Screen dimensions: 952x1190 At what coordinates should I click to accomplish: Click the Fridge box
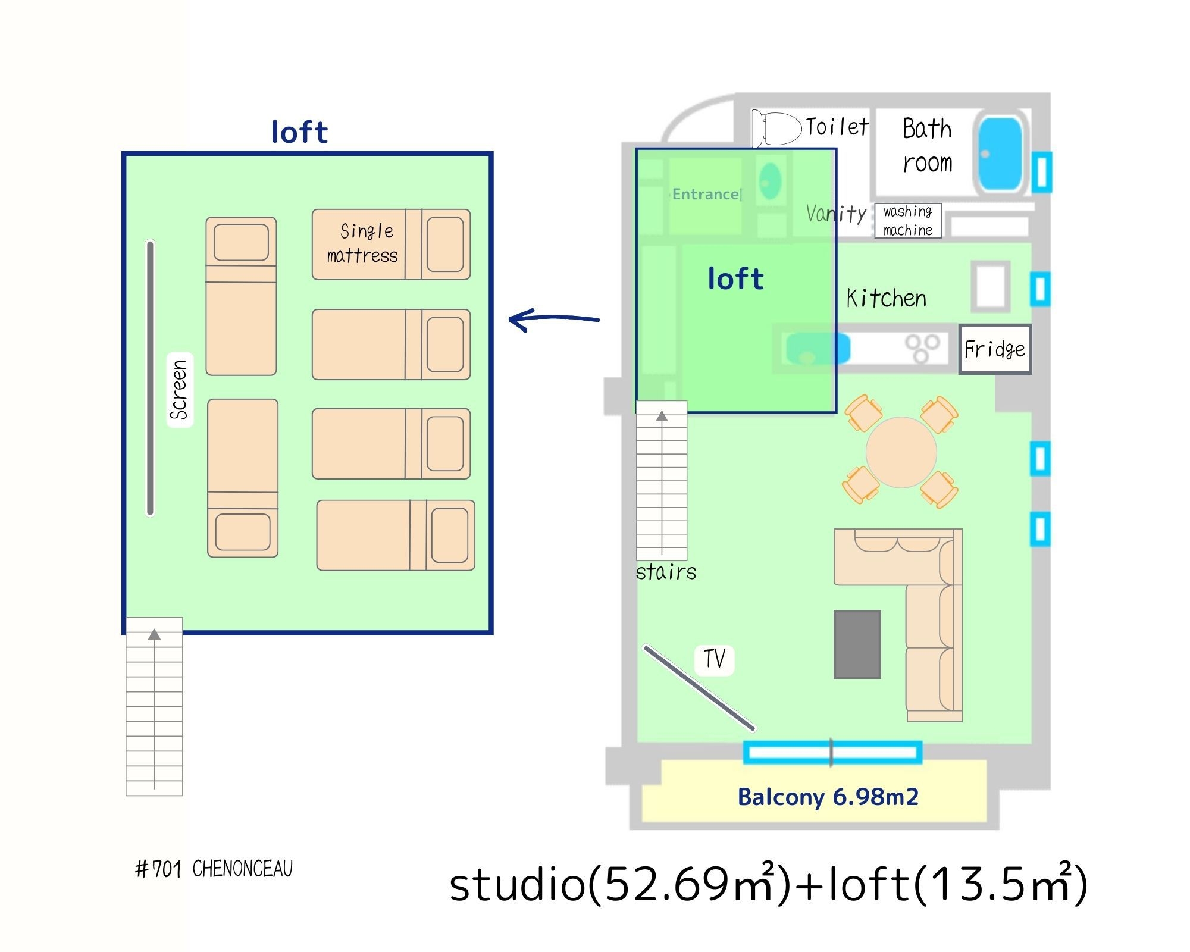coord(995,349)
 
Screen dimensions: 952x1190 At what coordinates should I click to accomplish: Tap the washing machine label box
coord(907,221)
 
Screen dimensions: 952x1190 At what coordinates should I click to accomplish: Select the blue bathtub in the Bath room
coord(1000,154)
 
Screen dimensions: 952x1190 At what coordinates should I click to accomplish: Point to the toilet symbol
coord(777,129)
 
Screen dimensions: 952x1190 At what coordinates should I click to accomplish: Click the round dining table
coord(901,452)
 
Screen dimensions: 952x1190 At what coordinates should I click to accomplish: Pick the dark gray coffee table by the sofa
coord(857,644)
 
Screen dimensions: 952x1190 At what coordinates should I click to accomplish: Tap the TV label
coord(714,659)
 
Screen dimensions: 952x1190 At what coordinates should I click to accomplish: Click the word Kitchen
coord(886,298)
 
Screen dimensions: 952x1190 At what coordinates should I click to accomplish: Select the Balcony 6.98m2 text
coord(828,797)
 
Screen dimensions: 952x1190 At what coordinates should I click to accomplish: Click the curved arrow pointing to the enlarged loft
coord(553,320)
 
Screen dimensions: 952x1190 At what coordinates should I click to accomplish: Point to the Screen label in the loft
coord(179,390)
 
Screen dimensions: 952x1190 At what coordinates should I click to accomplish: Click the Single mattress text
coord(363,243)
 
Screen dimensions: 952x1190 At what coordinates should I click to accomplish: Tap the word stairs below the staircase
coord(666,572)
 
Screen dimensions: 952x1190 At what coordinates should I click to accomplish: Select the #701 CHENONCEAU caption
coord(214,869)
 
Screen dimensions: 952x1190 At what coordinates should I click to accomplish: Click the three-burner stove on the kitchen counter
coord(922,348)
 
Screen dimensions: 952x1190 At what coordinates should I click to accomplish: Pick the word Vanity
coord(836,213)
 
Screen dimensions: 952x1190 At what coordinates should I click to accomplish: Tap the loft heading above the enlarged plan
coord(299,132)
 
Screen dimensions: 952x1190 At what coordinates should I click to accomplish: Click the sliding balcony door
coord(832,753)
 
